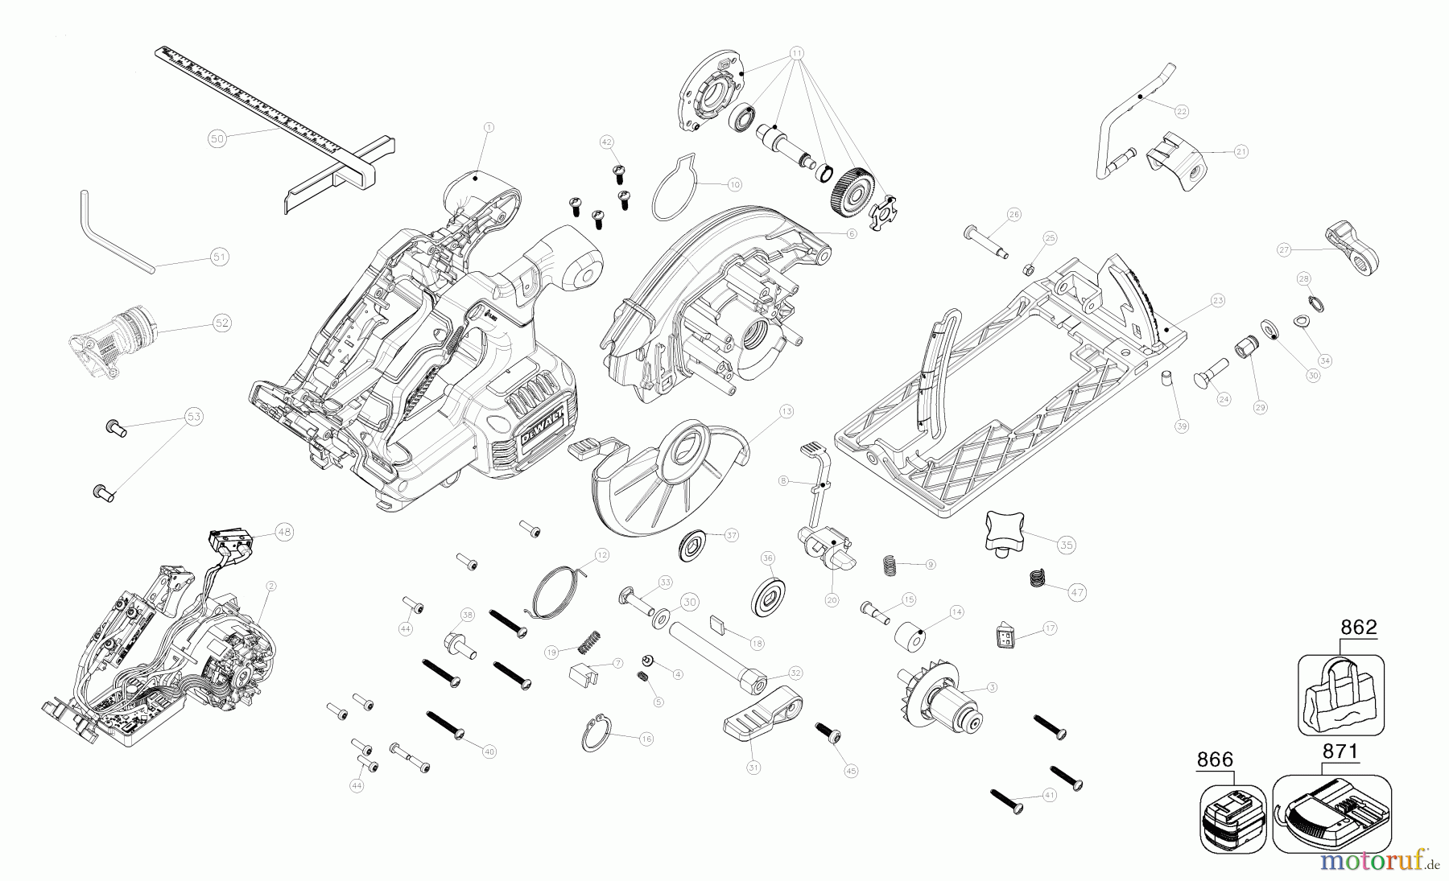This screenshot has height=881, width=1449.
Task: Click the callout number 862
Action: pyautogui.click(x=1359, y=628)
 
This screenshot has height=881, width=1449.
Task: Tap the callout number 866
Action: pyautogui.click(x=1215, y=760)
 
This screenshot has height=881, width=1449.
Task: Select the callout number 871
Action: pyautogui.click(x=1340, y=752)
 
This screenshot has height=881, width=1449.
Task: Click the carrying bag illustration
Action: pyautogui.click(x=1340, y=695)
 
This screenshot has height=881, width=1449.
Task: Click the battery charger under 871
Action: pyautogui.click(x=1332, y=814)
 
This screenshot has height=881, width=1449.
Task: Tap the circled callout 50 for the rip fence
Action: pyautogui.click(x=217, y=138)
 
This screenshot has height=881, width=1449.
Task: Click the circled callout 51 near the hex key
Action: pyautogui.click(x=219, y=257)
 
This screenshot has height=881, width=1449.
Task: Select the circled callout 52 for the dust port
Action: pyautogui.click(x=221, y=323)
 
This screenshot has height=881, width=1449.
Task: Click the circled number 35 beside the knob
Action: pyautogui.click(x=1067, y=545)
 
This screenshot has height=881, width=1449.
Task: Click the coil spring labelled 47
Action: pyautogui.click(x=1038, y=578)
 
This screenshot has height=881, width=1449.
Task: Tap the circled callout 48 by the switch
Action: pyautogui.click(x=283, y=532)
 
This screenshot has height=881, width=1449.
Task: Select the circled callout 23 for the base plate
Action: pyautogui.click(x=1217, y=301)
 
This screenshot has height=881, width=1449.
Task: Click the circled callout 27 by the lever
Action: pyautogui.click(x=1284, y=250)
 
